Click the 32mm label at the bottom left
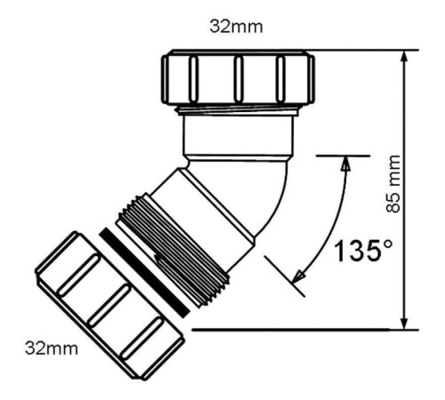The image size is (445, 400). pos(52,347)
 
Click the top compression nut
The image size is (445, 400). pos(236,79)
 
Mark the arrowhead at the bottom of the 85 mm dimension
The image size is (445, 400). pos(406,321)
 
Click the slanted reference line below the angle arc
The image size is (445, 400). pos(283,270)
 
